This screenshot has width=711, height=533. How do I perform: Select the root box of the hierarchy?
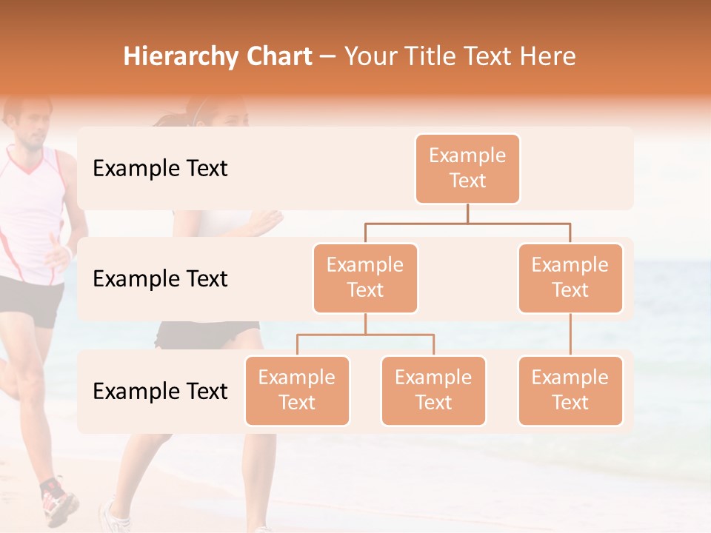click(x=467, y=169)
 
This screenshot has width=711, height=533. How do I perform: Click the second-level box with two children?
click(x=365, y=278)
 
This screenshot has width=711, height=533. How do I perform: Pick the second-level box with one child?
click(x=570, y=278)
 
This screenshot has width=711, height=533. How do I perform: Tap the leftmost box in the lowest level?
click(x=297, y=391)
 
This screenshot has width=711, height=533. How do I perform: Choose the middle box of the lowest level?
click(x=433, y=391)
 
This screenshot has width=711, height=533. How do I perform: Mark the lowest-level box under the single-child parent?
click(x=570, y=391)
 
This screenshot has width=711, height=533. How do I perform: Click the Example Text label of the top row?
click(x=160, y=169)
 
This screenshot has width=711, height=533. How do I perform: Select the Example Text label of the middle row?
click(x=160, y=279)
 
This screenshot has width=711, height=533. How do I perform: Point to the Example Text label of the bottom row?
click(x=160, y=392)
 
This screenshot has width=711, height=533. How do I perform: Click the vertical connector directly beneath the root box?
click(x=467, y=213)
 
